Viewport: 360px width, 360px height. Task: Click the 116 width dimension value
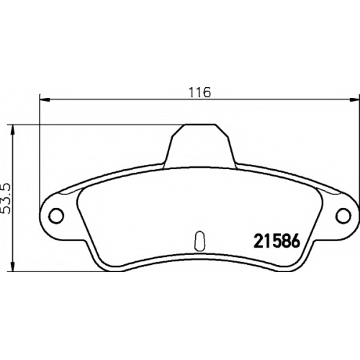199,92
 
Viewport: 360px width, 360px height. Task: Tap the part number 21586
277,241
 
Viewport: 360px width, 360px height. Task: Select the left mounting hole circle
56,215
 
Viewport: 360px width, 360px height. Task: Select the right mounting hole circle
343,215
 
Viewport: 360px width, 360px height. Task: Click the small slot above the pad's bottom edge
199,241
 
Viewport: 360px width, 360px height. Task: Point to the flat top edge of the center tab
199,125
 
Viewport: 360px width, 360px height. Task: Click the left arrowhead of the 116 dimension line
45,99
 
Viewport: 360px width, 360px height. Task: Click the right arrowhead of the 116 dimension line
354,99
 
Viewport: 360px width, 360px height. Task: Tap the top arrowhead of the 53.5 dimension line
12,130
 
